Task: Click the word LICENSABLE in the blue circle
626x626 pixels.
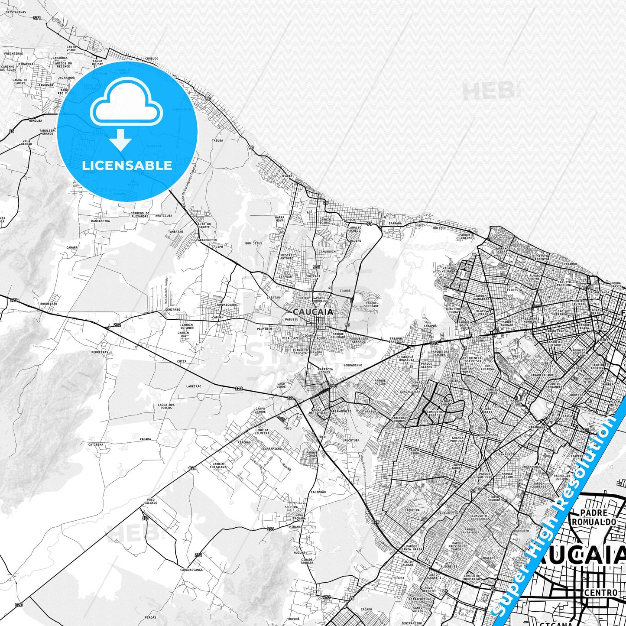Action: point(127,165)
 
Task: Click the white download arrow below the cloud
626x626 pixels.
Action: point(120,141)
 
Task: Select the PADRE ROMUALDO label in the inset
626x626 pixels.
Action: point(594,517)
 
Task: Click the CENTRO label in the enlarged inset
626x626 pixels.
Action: point(600,592)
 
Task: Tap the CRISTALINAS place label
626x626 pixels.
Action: point(16,12)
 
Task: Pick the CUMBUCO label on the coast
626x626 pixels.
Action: point(152,58)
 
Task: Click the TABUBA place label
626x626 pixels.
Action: point(217,140)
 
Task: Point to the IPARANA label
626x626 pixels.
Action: point(395,224)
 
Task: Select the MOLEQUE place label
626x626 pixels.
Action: point(439,228)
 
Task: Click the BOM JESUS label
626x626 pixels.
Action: point(253,243)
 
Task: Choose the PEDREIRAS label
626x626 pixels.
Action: point(100,352)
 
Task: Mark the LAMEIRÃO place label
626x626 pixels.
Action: point(194,386)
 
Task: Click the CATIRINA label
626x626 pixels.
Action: point(96,444)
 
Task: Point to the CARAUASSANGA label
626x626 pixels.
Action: point(191,570)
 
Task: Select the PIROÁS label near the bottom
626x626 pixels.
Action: point(151,617)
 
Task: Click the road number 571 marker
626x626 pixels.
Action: point(37,18)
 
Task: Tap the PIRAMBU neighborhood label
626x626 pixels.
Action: point(570,263)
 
